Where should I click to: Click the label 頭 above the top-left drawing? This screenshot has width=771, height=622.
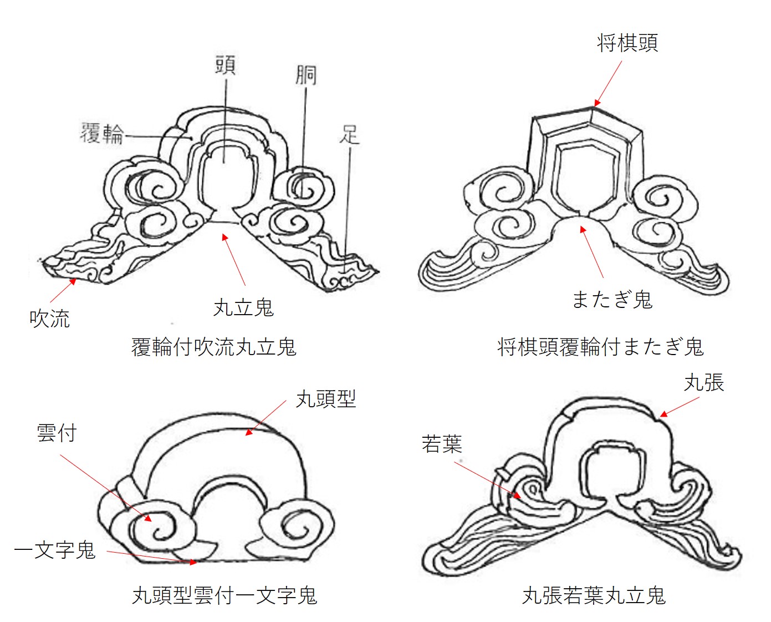[225, 65]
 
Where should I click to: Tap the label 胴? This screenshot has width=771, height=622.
[305, 75]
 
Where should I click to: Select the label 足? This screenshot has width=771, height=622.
[350, 134]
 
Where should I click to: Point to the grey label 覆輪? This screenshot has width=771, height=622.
[101, 133]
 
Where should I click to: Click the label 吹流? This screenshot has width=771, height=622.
[49, 319]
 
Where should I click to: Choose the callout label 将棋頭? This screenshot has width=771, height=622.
[627, 43]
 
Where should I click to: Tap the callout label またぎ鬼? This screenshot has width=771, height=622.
[612, 300]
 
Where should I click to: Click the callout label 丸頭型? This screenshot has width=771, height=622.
[326, 399]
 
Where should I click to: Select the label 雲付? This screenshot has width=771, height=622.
[57, 433]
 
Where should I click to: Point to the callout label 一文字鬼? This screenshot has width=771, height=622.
[55, 550]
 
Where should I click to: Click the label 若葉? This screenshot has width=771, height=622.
[442, 444]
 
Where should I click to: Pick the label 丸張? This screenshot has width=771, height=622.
[704, 383]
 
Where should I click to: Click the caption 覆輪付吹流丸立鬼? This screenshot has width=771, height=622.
[214, 347]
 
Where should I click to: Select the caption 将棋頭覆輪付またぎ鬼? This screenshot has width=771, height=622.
[600, 347]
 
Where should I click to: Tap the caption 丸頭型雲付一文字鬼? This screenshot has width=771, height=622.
[224, 596]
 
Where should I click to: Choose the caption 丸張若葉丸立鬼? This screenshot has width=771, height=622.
[594, 596]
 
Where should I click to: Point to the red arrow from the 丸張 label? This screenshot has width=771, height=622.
[680, 407]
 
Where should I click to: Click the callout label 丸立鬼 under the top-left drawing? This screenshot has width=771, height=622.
[243, 307]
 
